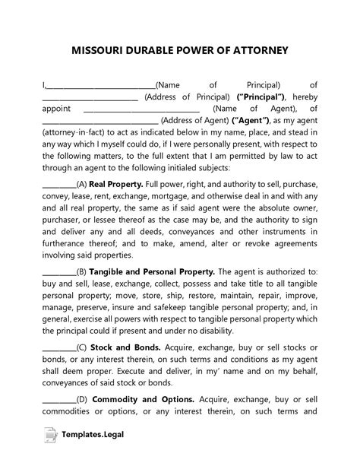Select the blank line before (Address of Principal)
[90, 97]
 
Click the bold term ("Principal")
[261, 97]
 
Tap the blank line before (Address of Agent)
[99, 121]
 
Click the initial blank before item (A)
[58, 185]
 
